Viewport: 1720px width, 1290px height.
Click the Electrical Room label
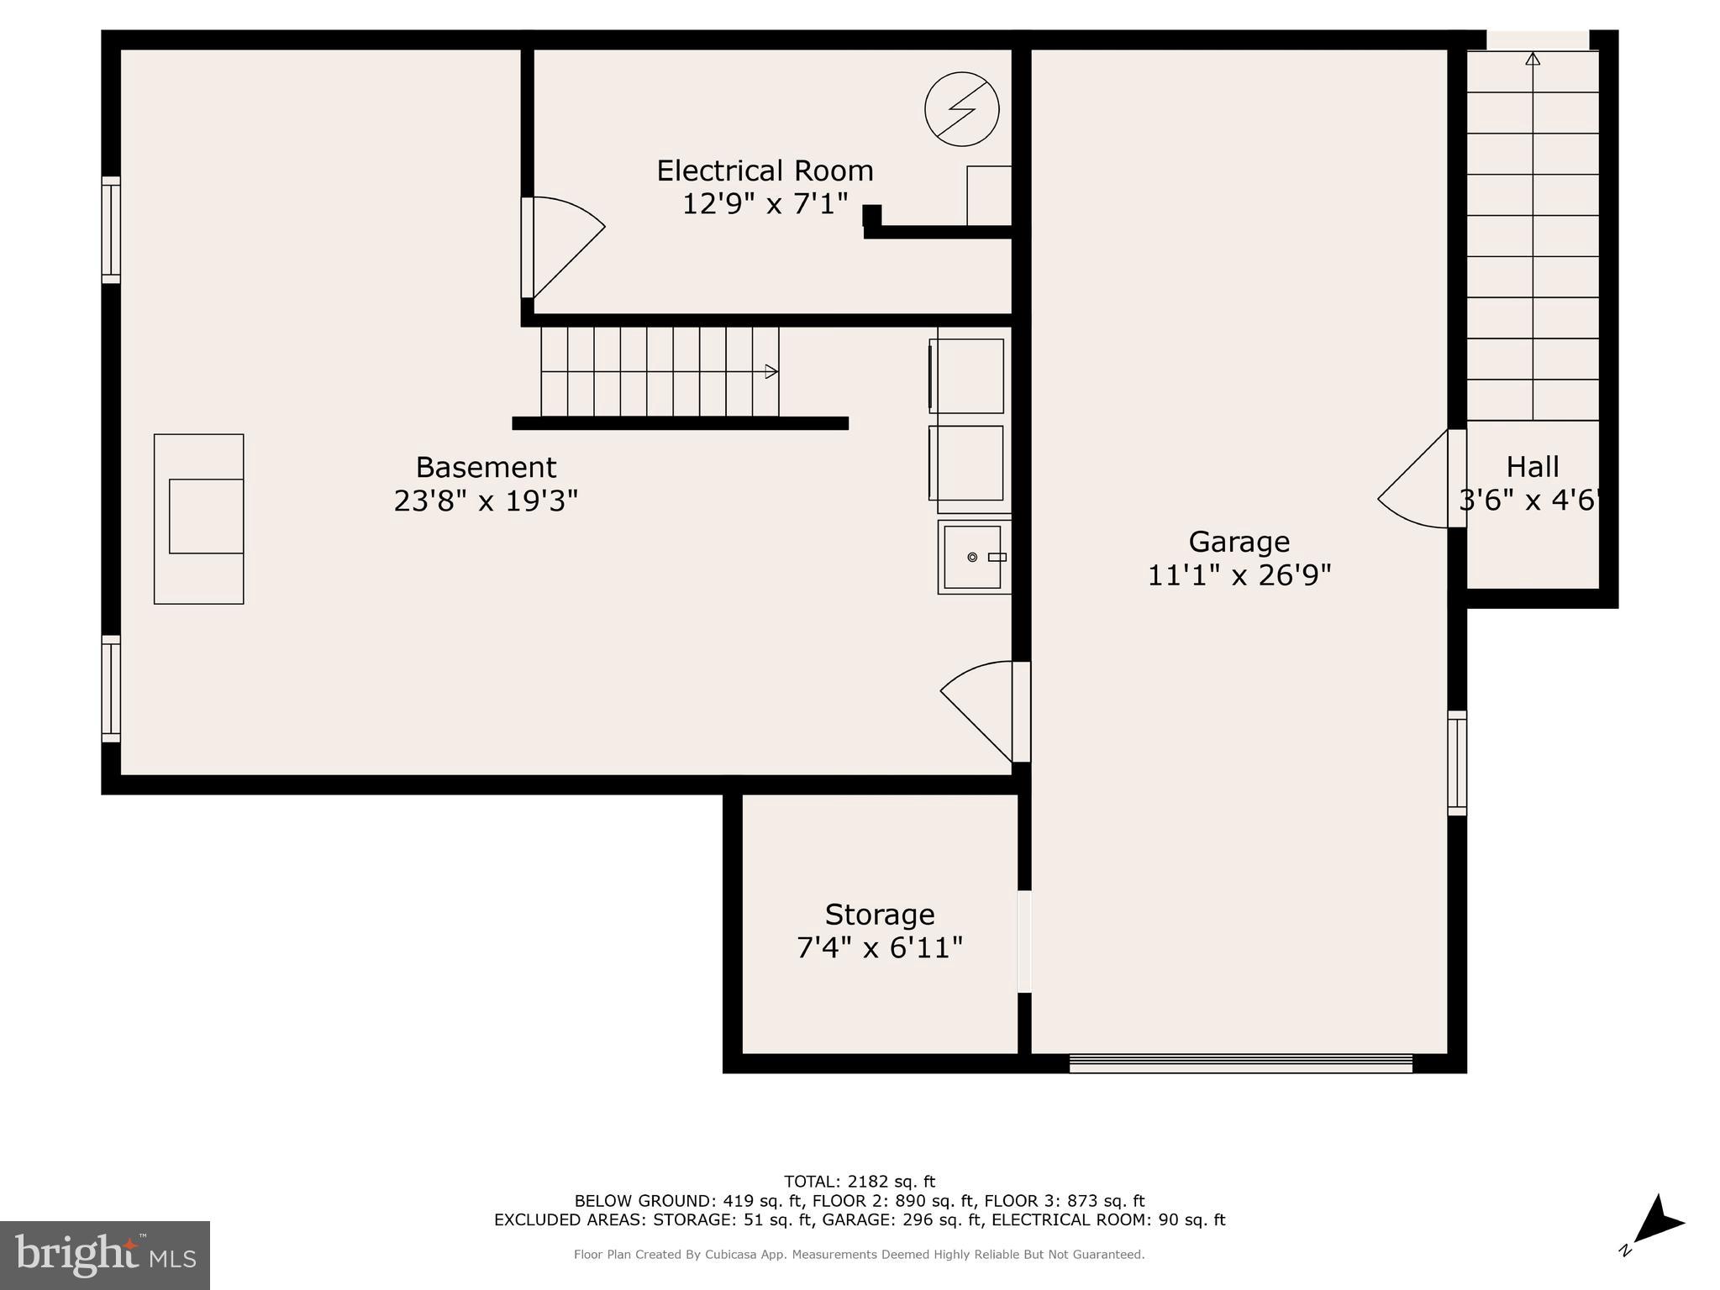(765, 171)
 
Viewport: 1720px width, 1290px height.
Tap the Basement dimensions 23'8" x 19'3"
(486, 501)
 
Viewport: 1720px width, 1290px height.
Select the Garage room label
(1239, 542)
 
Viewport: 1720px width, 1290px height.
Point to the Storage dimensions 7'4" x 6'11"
(879, 948)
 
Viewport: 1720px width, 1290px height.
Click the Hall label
(1532, 467)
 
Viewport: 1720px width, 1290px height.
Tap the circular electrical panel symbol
(961, 109)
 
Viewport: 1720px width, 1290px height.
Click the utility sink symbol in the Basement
(973, 557)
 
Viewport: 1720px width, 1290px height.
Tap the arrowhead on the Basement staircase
(771, 371)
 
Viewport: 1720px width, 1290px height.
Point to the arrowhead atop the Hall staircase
(1533, 59)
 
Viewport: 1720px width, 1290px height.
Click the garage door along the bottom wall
(1240, 1064)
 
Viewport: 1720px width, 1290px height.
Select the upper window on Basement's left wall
(111, 229)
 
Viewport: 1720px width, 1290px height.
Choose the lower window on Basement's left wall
(111, 689)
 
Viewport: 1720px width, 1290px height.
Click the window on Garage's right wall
(1457, 763)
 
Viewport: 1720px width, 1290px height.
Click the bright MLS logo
(105, 1255)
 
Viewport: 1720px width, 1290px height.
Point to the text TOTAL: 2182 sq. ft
(859, 1182)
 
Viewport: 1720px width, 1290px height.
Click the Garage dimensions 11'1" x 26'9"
(1239, 576)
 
